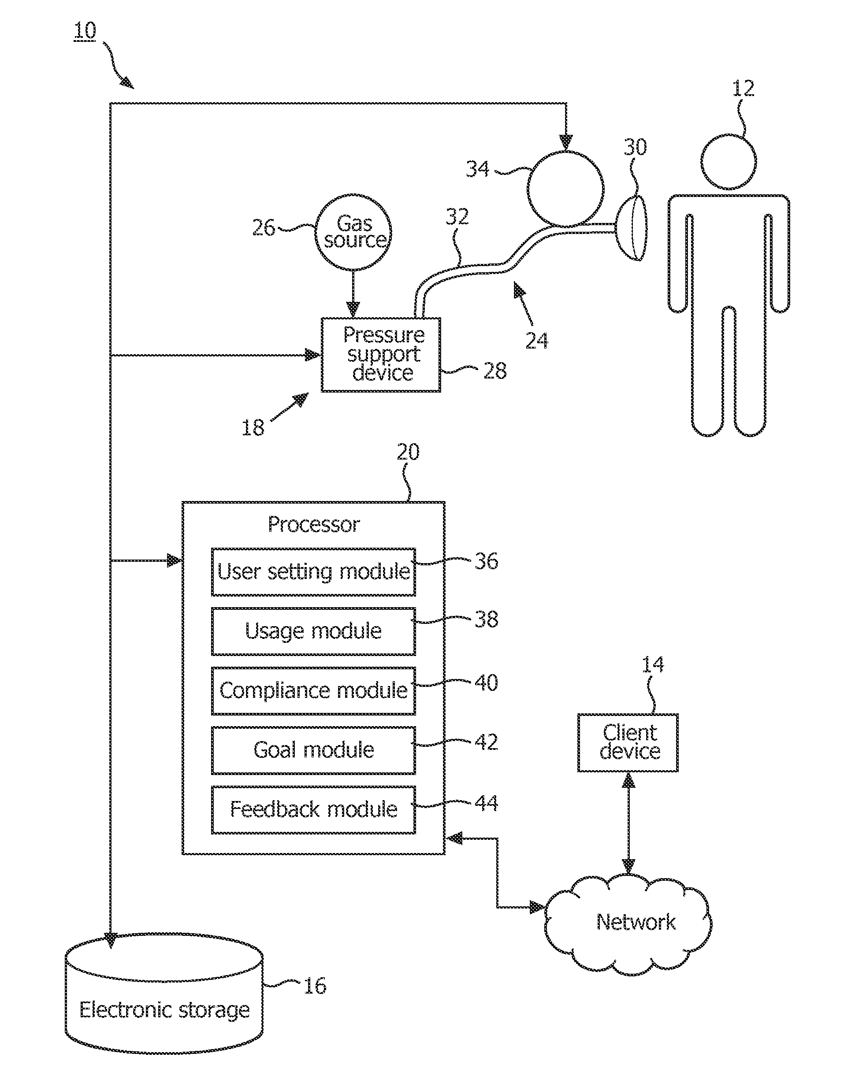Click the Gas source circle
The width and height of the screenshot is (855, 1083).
pyautogui.click(x=353, y=232)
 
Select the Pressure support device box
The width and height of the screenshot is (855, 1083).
pyautogui.click(x=381, y=354)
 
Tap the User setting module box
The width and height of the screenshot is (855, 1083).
pyautogui.click(x=313, y=571)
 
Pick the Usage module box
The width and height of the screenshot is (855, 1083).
pyautogui.click(x=313, y=631)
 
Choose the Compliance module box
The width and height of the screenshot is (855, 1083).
pyautogui.click(x=313, y=690)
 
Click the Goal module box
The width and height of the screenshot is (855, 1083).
pyautogui.click(x=313, y=750)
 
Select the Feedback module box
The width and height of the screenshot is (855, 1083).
pyautogui.click(x=313, y=810)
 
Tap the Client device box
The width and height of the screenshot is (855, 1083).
pyautogui.click(x=628, y=743)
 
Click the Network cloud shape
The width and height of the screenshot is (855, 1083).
pyautogui.click(x=628, y=924)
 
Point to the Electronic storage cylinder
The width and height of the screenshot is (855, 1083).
pyautogui.click(x=164, y=996)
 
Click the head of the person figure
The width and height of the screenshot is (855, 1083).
pyautogui.click(x=729, y=162)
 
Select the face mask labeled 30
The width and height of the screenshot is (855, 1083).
pyautogui.click(x=631, y=228)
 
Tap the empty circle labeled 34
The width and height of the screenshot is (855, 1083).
pyautogui.click(x=565, y=189)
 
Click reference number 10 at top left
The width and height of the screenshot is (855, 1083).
pyautogui.click(x=85, y=31)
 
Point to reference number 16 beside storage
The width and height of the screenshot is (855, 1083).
pyautogui.click(x=315, y=986)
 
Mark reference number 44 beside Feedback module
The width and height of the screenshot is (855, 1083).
pyautogui.click(x=486, y=803)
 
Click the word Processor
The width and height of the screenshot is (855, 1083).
pyautogui.click(x=314, y=524)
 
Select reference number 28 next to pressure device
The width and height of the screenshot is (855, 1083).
pyautogui.click(x=494, y=371)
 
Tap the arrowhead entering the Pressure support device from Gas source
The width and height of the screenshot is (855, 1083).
pyautogui.click(x=353, y=310)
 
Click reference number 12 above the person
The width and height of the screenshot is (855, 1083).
pyautogui.click(x=743, y=89)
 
